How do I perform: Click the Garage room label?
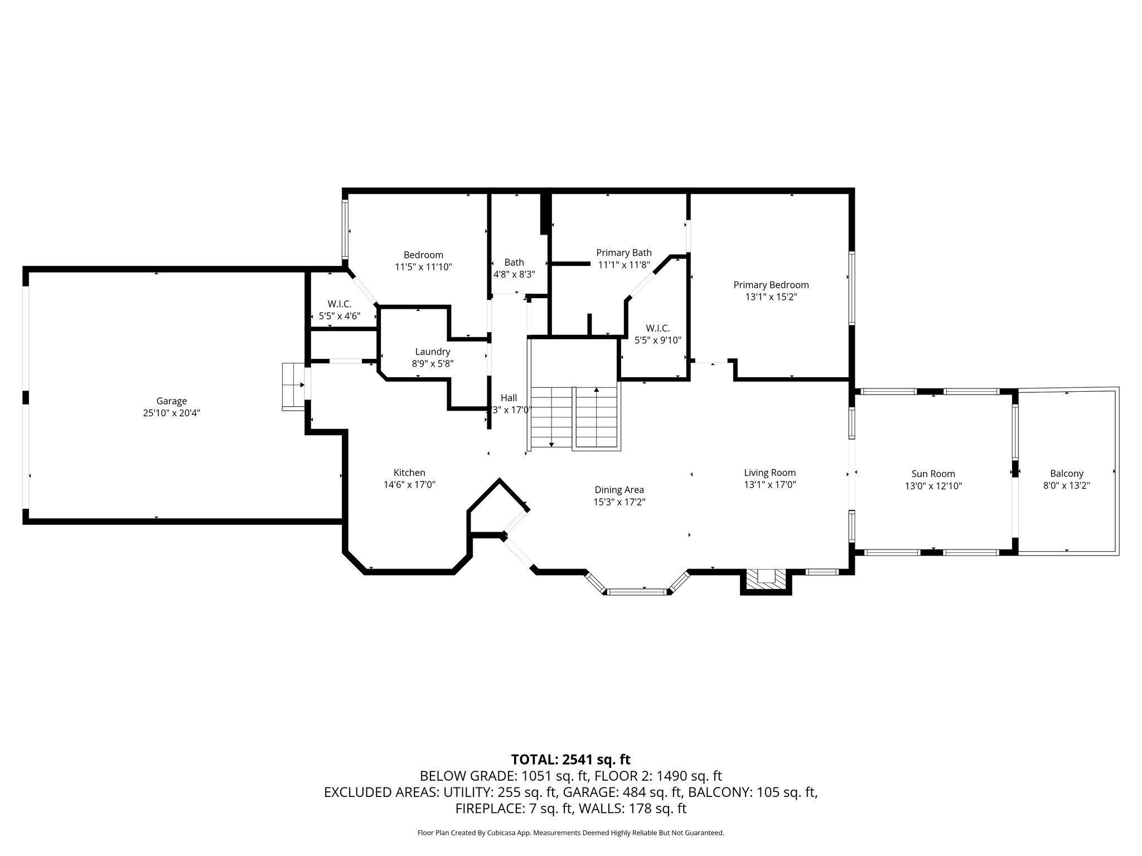[171, 401]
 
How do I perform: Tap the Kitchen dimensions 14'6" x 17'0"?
[409, 485]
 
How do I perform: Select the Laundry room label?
[433, 352]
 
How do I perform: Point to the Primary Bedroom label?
[771, 285]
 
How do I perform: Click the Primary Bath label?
[624, 252]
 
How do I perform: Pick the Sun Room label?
[933, 474]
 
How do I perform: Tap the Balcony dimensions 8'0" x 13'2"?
[1067, 485]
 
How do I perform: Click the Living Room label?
[770, 473]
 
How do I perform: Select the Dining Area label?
[619, 490]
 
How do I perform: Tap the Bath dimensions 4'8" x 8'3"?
[514, 274]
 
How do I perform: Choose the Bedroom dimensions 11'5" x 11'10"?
[423, 267]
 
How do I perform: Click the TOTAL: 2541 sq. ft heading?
[571, 759]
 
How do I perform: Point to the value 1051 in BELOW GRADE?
[535, 776]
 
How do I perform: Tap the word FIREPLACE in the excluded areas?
[489, 809]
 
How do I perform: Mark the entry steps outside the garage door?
[293, 387]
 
